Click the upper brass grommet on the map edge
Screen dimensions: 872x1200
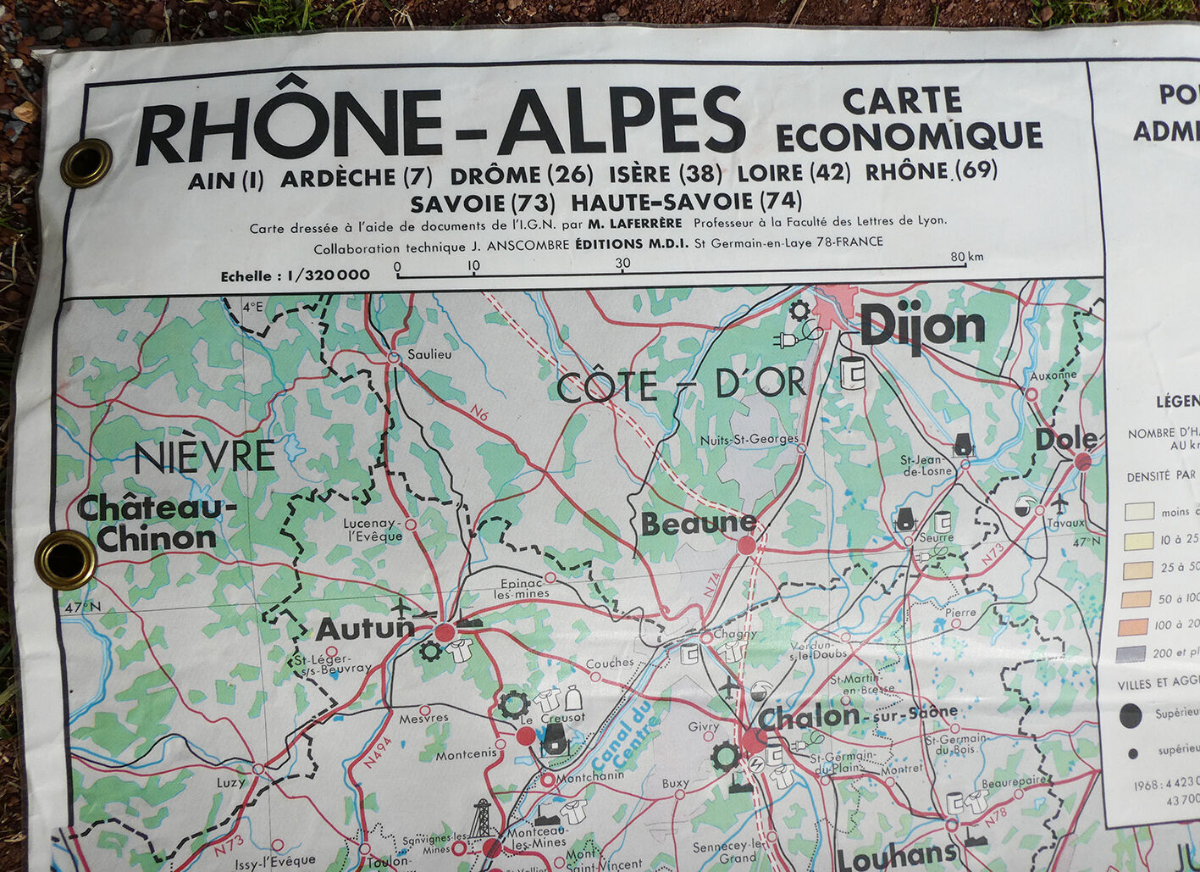pos(86,163)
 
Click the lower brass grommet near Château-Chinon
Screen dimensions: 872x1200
pos(65,559)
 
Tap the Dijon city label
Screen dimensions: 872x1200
pos(922,326)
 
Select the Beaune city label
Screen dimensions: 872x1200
pos(698,524)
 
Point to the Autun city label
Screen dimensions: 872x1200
pos(365,629)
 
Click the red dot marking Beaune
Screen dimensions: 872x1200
pos(746,545)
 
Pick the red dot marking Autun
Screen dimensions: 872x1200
pos(445,631)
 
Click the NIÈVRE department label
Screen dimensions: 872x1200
pos(205,458)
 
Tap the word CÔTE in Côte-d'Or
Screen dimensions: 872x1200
pos(607,387)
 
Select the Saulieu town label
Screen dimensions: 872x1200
pos(429,354)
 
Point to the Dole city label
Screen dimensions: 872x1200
pos(1065,439)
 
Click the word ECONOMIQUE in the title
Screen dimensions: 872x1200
pos(909,136)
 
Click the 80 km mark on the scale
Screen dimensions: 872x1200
pos(965,258)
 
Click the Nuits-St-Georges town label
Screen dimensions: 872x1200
pos(749,439)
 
